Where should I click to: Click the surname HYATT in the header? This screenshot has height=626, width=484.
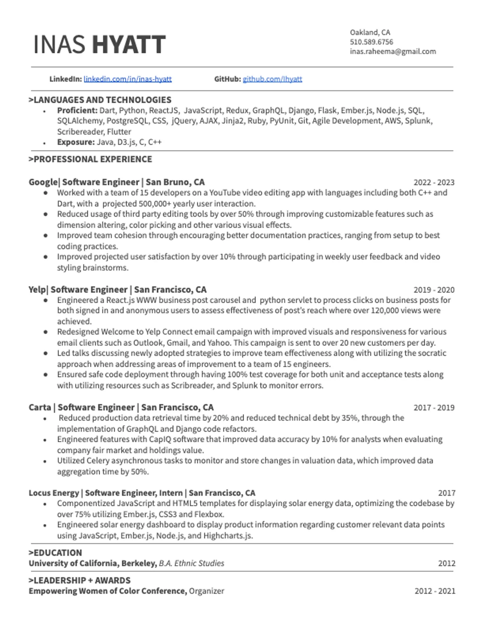tap(129, 44)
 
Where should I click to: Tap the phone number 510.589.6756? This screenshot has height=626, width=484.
tap(371, 42)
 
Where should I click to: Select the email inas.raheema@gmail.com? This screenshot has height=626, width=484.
tap(392, 52)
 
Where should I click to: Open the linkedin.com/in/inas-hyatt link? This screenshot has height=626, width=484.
tap(127, 79)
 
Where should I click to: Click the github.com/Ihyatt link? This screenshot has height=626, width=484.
tap(272, 79)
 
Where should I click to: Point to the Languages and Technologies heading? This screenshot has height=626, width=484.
tap(100, 100)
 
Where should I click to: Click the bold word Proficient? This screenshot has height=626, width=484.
tap(77, 110)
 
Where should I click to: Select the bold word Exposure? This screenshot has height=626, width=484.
tap(75, 142)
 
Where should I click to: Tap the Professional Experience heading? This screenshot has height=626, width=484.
tap(90, 159)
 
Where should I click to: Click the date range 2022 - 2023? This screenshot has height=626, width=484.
tap(434, 183)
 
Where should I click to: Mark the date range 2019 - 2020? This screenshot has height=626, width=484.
tap(434, 290)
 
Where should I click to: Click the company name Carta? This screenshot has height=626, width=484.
tap(40, 407)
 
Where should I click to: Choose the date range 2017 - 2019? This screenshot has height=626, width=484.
tap(434, 408)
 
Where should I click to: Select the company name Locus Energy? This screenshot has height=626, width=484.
tap(54, 493)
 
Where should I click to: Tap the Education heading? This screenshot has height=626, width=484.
tap(55, 553)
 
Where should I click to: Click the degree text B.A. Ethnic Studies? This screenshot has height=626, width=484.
tap(192, 563)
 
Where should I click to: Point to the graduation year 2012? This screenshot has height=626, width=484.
tap(446, 564)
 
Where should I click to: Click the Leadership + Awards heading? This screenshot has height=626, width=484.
tap(79, 580)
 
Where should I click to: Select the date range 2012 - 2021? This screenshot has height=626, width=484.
tap(434, 591)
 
